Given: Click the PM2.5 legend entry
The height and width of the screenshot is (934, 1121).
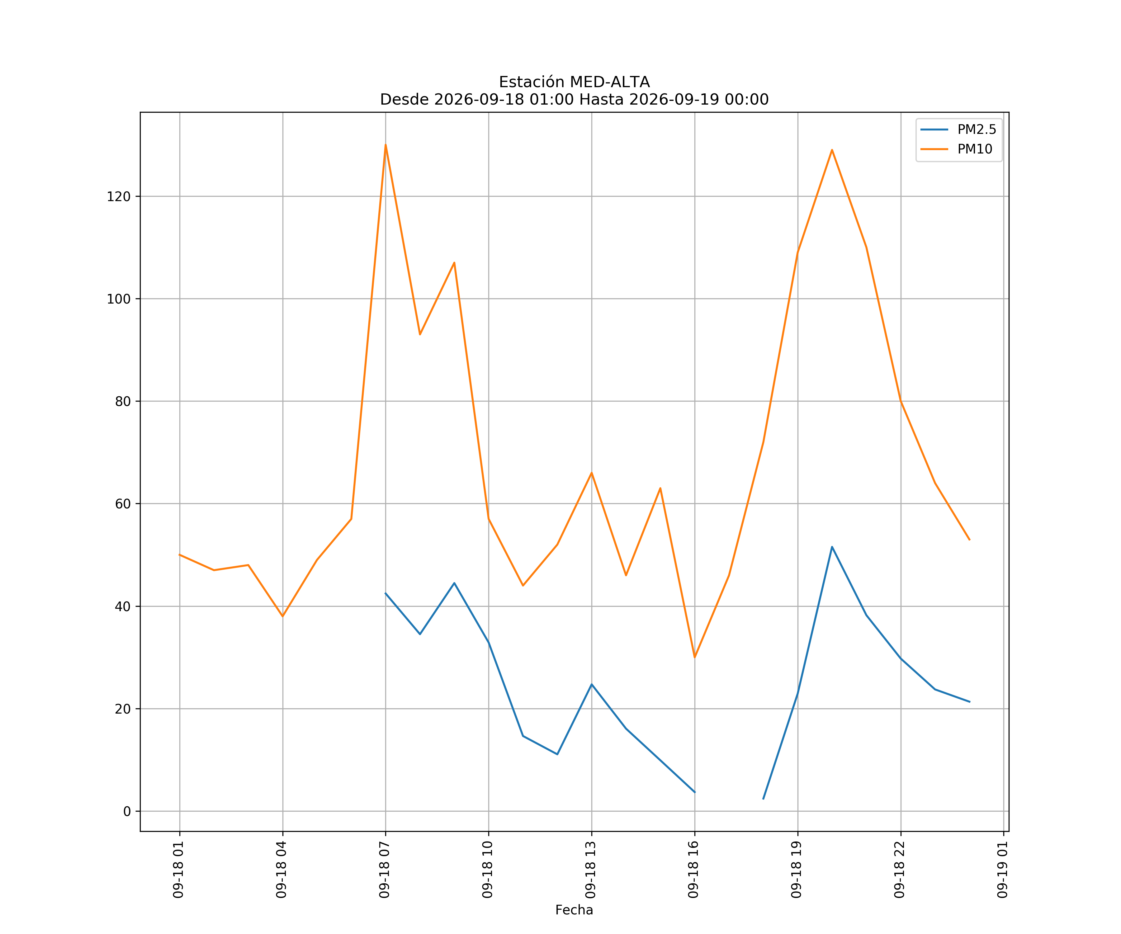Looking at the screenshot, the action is point(958,130).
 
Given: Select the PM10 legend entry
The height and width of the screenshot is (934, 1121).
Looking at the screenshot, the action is point(956,149).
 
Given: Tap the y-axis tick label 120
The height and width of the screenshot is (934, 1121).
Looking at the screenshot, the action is point(119,196).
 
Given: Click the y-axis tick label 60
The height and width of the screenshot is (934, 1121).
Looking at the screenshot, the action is point(123,504).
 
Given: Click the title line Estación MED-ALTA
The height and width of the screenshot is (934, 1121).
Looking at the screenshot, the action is point(575,82).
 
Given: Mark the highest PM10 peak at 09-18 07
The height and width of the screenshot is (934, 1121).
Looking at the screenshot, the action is point(385,145).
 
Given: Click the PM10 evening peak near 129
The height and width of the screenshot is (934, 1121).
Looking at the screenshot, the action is point(832,150).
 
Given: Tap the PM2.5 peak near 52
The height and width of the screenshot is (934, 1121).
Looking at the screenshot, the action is point(832,547).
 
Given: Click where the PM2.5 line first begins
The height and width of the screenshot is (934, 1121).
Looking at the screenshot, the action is point(385,593).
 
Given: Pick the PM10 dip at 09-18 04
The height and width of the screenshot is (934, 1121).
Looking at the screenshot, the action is point(282,616).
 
